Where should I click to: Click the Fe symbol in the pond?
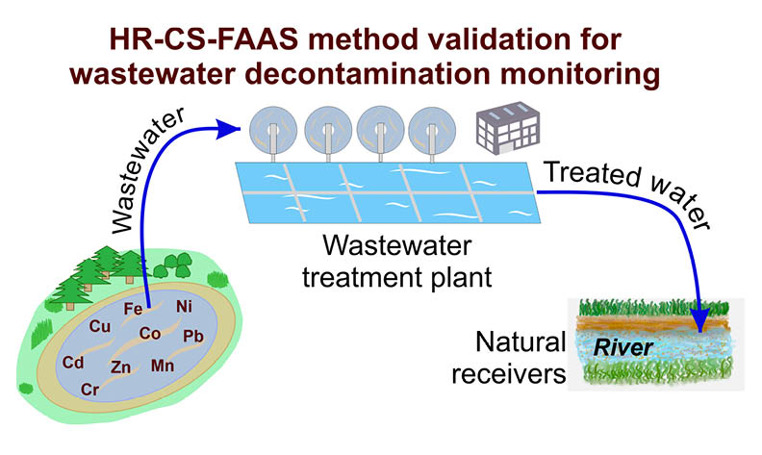[134, 309]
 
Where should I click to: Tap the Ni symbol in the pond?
[185, 308]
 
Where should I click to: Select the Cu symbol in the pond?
[99, 326]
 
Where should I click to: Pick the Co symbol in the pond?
[150, 334]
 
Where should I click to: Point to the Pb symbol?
[192, 337]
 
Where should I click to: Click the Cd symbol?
[72, 363]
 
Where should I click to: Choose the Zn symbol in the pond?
[121, 367]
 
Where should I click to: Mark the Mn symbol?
[163, 367]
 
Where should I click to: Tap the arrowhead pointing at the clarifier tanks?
[231, 126]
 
